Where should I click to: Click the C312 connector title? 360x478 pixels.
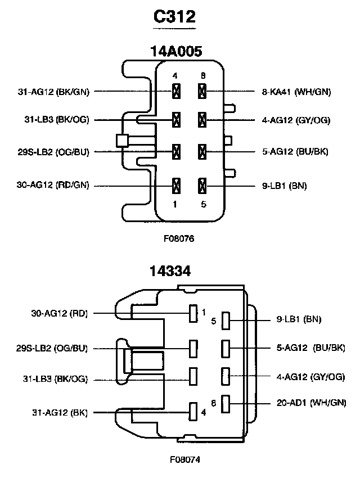coord(174,16)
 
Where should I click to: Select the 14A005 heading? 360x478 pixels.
coord(176,51)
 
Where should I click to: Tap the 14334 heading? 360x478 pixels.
coord(170,271)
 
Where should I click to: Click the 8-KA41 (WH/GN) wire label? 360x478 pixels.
coord(296,92)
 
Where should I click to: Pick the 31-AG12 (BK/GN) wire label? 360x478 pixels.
coord(53,92)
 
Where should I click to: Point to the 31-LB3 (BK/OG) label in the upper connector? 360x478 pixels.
coord(57,119)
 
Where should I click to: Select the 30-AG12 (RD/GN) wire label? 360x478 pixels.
coord(53,185)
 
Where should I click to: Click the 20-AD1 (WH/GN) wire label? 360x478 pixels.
coord(311,403)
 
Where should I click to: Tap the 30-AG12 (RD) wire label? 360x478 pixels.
coord(60,313)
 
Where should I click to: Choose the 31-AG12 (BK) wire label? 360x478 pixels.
coord(60,412)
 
